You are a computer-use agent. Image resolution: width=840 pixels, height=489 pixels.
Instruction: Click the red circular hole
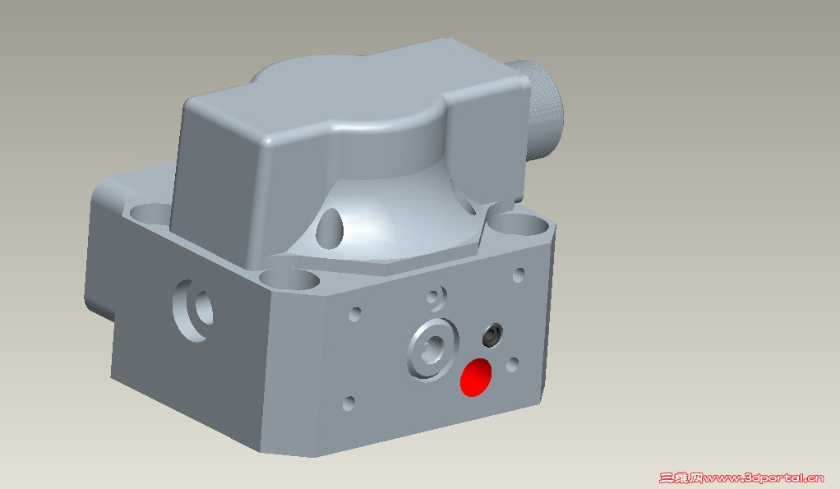[476, 377]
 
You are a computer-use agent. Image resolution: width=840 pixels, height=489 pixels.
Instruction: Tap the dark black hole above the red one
[492, 335]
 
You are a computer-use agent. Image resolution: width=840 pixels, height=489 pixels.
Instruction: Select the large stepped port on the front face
[433, 349]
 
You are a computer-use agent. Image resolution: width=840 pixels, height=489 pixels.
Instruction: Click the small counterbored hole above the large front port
[437, 298]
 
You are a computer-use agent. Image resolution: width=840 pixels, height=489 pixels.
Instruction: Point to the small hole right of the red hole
[512, 365]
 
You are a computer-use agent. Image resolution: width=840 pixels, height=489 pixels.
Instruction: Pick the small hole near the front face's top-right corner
[519, 274]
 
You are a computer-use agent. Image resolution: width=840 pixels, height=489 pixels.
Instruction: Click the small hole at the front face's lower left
[348, 404]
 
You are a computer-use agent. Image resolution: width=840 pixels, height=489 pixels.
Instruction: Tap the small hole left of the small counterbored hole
[354, 314]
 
